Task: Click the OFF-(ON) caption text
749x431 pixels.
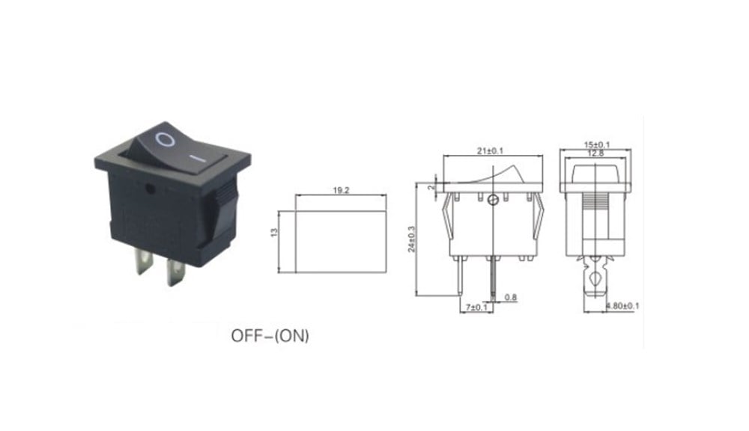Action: click(270, 336)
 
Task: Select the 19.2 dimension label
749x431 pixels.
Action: click(341, 190)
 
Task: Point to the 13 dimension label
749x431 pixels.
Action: click(274, 233)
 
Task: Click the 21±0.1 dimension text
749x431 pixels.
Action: click(490, 151)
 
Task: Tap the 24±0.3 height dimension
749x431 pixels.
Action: click(411, 239)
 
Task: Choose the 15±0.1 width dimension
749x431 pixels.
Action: click(597, 144)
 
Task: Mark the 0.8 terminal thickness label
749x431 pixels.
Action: click(511, 297)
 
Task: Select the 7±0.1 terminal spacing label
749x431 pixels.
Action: click(476, 307)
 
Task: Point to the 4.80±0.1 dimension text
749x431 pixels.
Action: click(622, 306)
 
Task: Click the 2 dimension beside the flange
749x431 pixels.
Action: click(433, 188)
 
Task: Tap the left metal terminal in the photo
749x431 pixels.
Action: click(144, 264)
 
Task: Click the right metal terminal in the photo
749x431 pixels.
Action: click(175, 272)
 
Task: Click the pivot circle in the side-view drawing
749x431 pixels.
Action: click(494, 201)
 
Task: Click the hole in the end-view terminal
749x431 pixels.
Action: click(595, 277)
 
